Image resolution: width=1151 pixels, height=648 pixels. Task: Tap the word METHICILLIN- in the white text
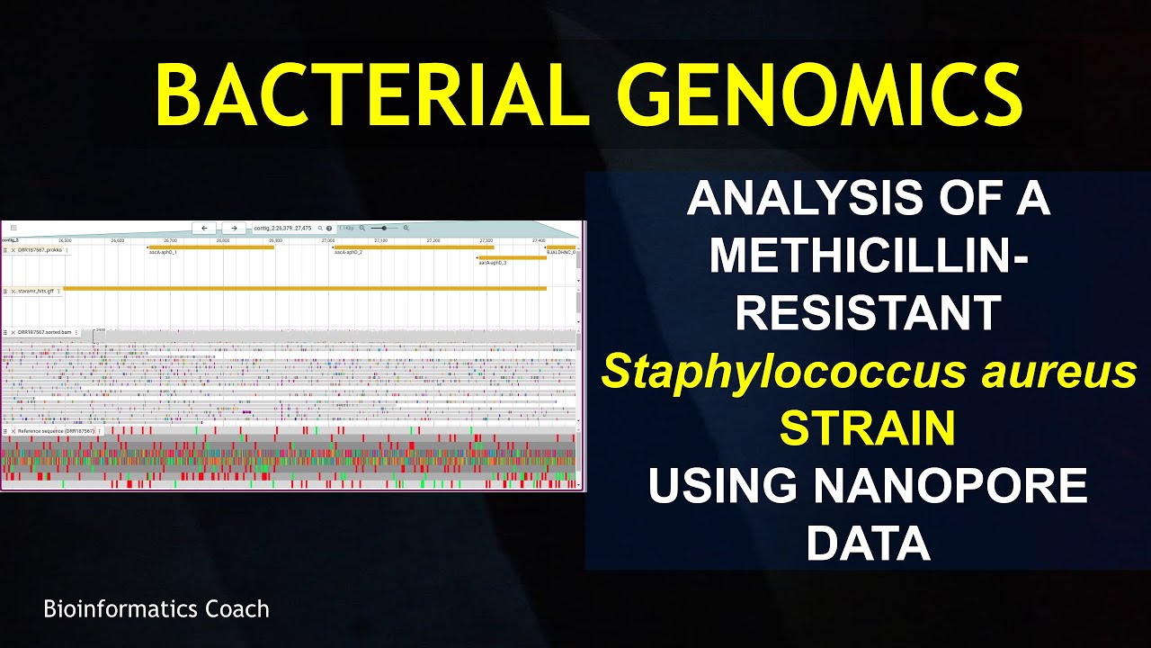point(869,256)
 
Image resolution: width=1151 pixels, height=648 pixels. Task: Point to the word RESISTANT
point(869,312)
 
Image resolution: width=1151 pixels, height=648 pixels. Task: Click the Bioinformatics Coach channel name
point(156,609)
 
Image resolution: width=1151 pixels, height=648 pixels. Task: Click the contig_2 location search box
point(283,229)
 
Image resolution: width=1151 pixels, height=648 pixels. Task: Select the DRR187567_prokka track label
point(40,249)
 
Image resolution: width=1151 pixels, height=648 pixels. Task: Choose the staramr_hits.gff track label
point(36,292)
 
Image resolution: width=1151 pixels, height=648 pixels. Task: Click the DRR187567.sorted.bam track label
point(45,332)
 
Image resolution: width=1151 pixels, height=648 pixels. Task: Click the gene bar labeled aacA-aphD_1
point(211,247)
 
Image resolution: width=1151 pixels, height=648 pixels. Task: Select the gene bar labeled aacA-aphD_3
point(513,257)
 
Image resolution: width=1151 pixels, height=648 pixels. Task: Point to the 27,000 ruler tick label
point(327,240)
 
